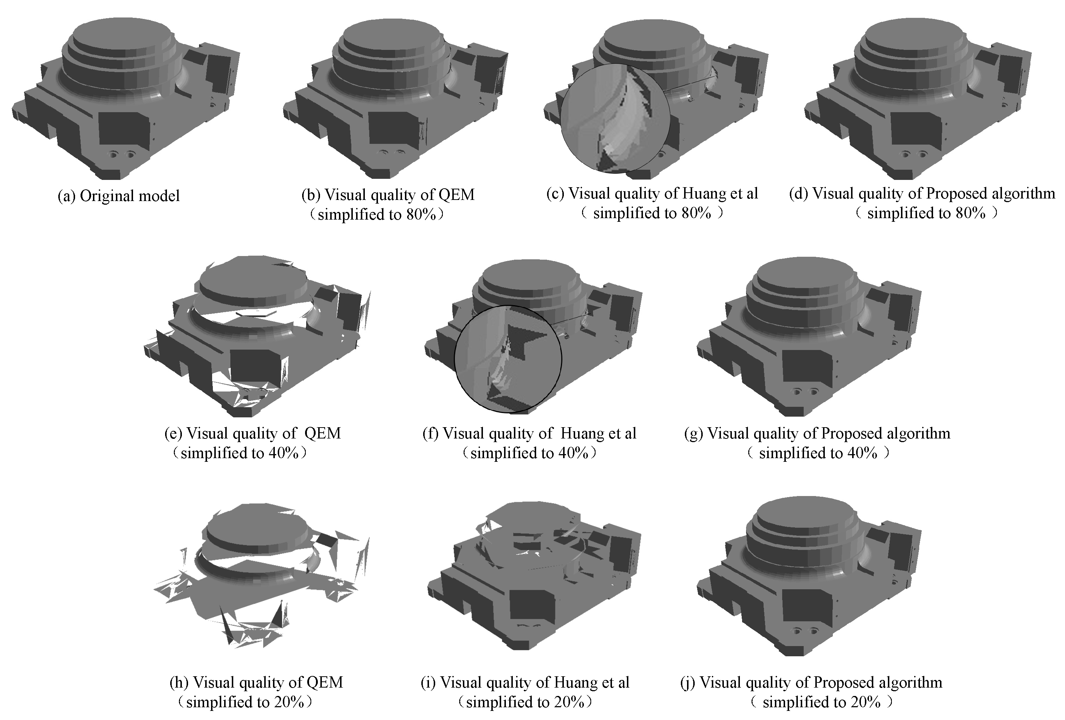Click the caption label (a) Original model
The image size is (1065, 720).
[x=118, y=196]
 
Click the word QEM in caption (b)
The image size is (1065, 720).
[x=456, y=194]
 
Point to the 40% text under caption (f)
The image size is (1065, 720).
[x=573, y=453]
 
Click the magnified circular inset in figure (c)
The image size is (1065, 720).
[x=615, y=118]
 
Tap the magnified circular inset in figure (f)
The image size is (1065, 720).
[x=508, y=359]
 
